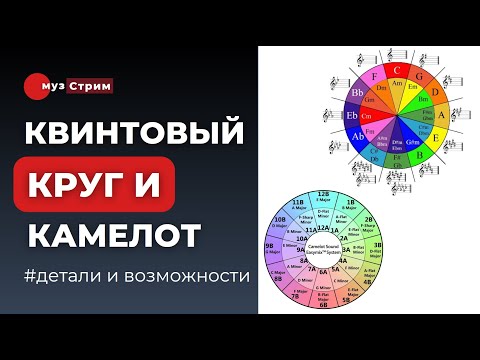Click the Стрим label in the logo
click(x=93, y=86)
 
